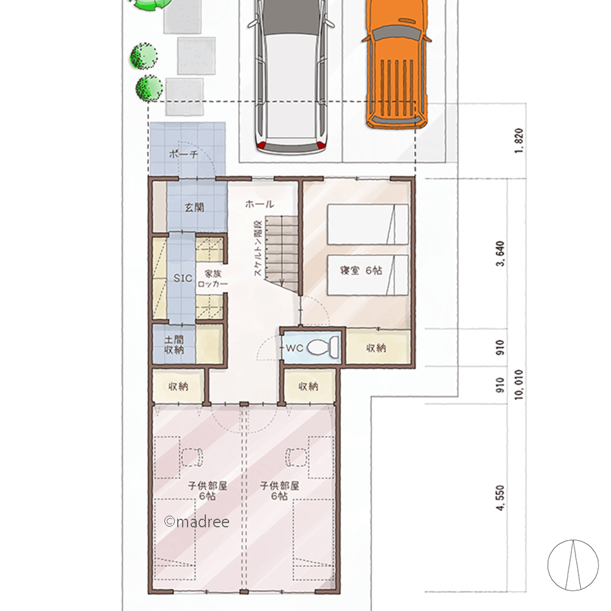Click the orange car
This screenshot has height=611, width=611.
click(396, 64)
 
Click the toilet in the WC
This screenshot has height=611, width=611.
click(323, 347)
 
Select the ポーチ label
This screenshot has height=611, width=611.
click(183, 154)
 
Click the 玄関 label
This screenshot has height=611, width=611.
click(194, 207)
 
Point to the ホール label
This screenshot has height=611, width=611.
click(260, 204)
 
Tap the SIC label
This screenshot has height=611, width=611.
click(183, 278)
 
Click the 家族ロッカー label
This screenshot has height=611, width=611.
click(213, 279)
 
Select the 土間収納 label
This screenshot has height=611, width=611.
click(174, 345)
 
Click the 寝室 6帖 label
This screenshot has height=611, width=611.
click(361, 271)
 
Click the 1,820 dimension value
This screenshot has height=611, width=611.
click(518, 141)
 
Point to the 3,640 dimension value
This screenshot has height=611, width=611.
click(500, 254)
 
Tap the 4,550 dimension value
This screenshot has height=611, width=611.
click(500, 497)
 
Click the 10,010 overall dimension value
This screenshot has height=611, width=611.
click(518, 384)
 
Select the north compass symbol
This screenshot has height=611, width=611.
click(573, 565)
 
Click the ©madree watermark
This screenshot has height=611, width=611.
click(197, 521)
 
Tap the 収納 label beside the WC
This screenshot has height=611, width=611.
click(376, 348)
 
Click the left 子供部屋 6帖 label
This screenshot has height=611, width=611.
click(208, 491)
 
